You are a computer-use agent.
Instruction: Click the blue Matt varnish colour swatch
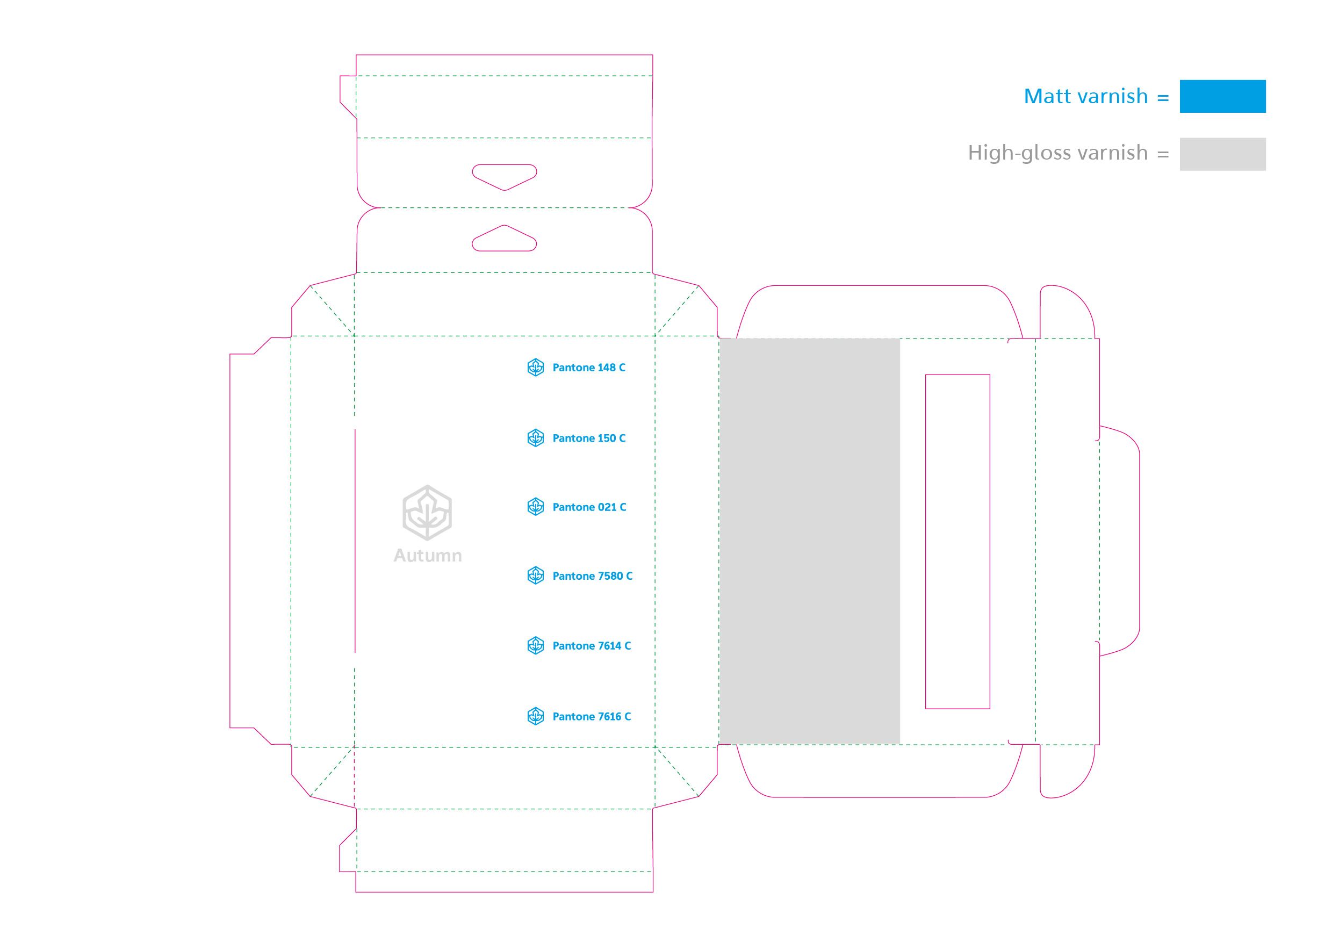pyautogui.click(x=1222, y=96)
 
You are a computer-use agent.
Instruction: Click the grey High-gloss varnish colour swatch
pyautogui.click(x=1222, y=154)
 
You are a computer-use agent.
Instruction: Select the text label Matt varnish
pyautogui.click(x=1085, y=96)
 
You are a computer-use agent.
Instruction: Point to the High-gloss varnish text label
pyautogui.click(x=1057, y=153)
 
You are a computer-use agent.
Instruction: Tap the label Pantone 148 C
pyautogui.click(x=589, y=368)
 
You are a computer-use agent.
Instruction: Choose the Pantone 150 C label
pyautogui.click(x=589, y=438)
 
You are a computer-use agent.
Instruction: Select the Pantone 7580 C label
pyautogui.click(x=592, y=576)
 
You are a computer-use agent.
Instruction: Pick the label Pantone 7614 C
pyautogui.click(x=592, y=646)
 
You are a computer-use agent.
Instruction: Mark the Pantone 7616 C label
pyautogui.click(x=592, y=717)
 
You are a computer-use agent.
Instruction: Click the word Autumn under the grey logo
pyautogui.click(x=428, y=556)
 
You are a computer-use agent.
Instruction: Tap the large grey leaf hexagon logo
pyautogui.click(x=427, y=512)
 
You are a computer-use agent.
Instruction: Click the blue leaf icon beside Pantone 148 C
pyautogui.click(x=535, y=368)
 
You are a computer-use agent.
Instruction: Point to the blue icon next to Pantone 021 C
pyautogui.click(x=535, y=507)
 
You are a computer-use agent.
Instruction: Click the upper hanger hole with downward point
pyautogui.click(x=504, y=175)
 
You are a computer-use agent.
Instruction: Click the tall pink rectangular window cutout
pyautogui.click(x=957, y=541)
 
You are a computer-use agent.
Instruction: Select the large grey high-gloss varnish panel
pyautogui.click(x=809, y=541)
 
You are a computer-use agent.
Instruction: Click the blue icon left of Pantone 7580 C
pyautogui.click(x=535, y=576)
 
